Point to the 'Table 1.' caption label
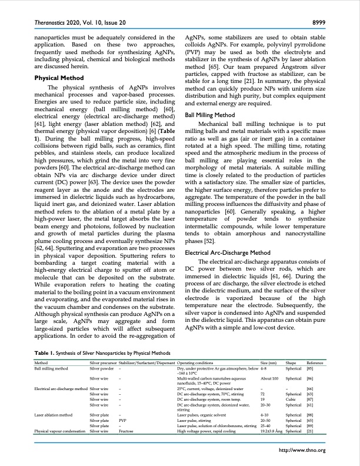46,352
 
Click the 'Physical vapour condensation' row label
61,431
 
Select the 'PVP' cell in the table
122,421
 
